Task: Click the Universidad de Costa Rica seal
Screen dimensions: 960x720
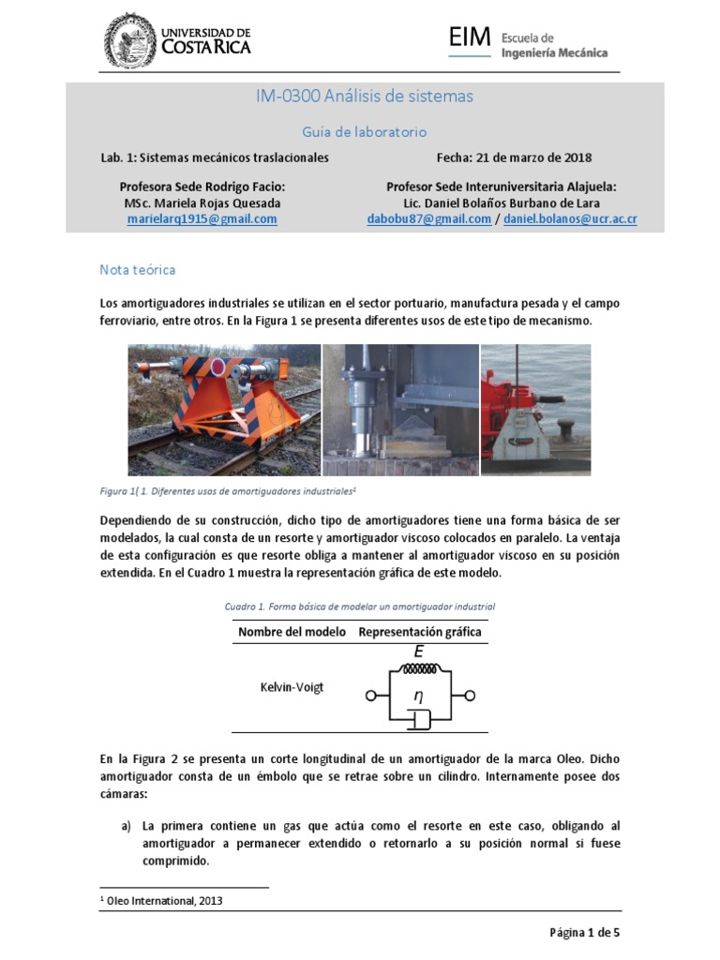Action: [130, 40]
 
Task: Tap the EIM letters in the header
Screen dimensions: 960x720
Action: [469, 38]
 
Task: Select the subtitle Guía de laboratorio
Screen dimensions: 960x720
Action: [359, 132]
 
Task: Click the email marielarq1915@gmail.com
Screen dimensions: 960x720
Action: [202, 219]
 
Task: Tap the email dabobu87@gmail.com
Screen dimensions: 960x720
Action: [429, 219]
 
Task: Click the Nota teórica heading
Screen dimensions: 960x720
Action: [138, 270]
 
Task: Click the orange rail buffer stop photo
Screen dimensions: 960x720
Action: [224, 409]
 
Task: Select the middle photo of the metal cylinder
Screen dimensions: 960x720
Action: [400, 409]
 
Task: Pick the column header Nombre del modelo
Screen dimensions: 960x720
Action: [292, 632]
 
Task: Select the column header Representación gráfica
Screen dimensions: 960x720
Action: [420, 632]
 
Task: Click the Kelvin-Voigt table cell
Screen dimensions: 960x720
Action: [292, 687]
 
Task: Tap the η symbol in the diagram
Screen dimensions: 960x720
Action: [419, 696]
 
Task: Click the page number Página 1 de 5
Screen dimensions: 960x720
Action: [585, 933]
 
